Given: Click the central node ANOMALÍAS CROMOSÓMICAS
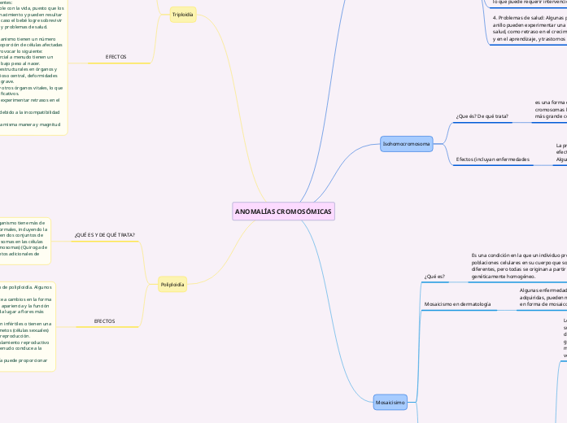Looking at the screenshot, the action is pos(283,211).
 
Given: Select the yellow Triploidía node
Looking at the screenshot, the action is pos(183,14).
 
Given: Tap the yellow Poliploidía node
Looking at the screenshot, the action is pos(172,284).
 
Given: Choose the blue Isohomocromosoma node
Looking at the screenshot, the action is pos(406,144).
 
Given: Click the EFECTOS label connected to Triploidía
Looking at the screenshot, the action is pos(116,57).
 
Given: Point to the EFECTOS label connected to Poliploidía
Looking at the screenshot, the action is pos(104,321).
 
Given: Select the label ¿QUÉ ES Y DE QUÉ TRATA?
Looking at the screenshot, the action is pos(104,234).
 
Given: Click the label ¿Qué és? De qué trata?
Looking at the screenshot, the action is pos(482,116).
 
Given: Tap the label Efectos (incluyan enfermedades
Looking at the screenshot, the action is pos(492,159).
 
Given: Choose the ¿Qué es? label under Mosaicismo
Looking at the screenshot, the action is pos(434,277).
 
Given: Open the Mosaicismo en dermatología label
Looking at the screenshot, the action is pos(458,303).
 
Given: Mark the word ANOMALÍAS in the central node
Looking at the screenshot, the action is pos(253,211).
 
